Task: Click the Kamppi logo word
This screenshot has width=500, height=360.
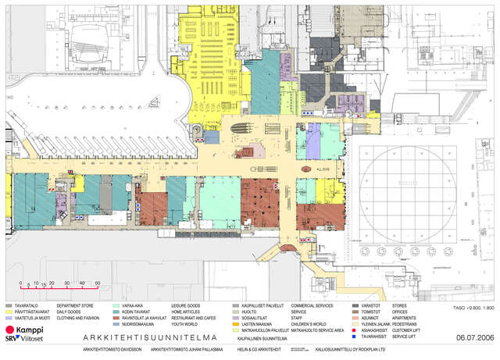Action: (30, 330)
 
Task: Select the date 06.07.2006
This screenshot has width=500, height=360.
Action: (475, 337)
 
